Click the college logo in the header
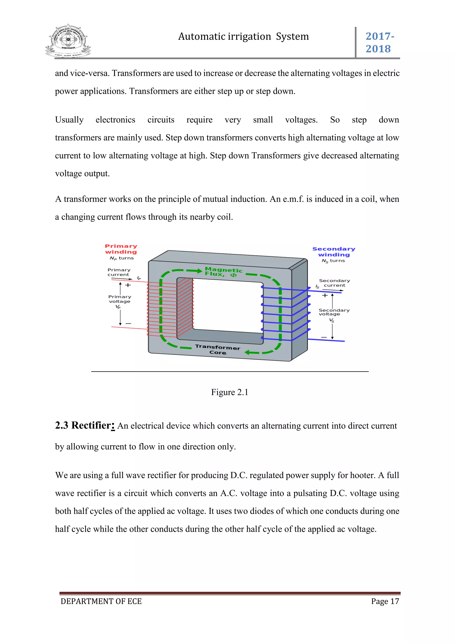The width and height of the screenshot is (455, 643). [x=68, y=41]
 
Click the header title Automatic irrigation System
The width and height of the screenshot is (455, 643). [x=243, y=36]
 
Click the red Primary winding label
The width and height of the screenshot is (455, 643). [x=121, y=249]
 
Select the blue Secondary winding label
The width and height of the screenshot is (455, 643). [x=334, y=252]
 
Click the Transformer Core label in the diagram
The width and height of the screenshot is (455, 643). [x=218, y=349]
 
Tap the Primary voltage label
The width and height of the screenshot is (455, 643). [x=120, y=299]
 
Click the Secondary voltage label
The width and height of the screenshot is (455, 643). [x=334, y=312]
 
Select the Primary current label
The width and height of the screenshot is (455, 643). [x=119, y=272]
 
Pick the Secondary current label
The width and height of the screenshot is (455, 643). [x=334, y=283]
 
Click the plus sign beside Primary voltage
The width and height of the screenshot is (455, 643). [x=128, y=285]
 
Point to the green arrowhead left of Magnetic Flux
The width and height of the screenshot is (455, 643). [x=199, y=270]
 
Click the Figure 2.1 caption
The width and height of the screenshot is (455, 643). [x=229, y=392]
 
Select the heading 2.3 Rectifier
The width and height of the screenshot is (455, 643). [x=85, y=425]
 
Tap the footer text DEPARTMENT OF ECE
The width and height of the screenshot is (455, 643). [x=101, y=601]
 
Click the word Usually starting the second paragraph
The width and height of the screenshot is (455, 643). [x=69, y=120]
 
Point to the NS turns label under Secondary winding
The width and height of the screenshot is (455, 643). [x=333, y=261]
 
